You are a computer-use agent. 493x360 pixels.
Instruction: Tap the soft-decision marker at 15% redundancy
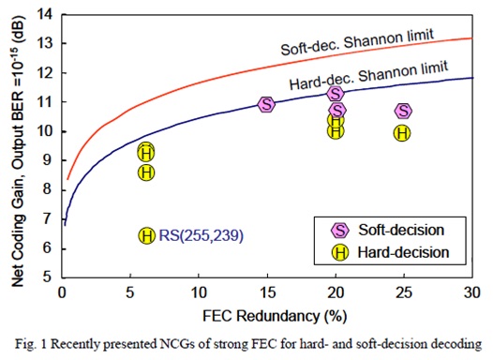coord(266,104)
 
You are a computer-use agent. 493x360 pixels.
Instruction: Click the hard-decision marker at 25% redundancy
coord(401,133)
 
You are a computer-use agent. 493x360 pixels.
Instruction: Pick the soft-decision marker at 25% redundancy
coord(403,112)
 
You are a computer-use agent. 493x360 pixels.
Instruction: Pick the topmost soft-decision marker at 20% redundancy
coord(335,93)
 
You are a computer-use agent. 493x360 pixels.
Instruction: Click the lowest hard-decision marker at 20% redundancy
coord(336,131)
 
